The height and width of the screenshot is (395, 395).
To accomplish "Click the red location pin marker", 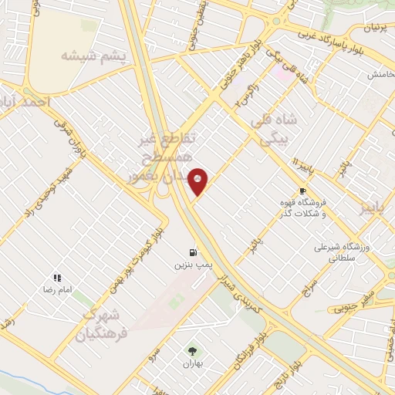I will coord(198,182).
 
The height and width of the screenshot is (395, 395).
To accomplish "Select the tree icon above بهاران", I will coord(191,349).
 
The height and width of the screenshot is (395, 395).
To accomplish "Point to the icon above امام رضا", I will coord(56,277).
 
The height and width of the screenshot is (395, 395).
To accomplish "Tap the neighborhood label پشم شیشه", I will coord(91,56).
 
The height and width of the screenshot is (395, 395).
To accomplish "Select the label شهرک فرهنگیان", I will coord(104,323).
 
